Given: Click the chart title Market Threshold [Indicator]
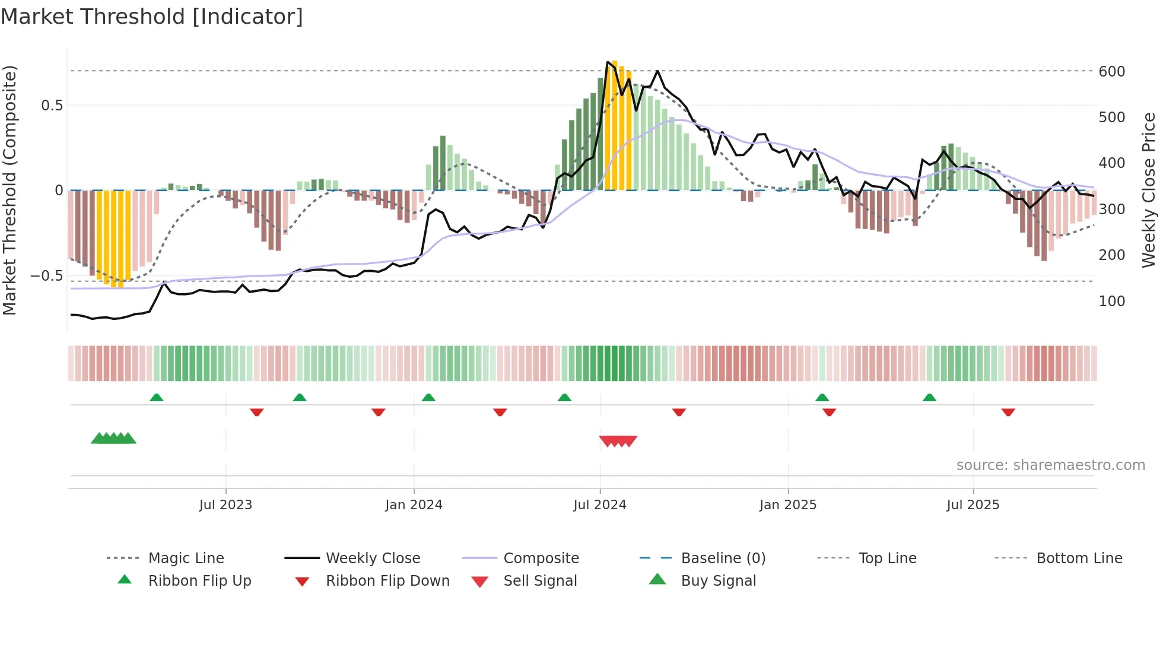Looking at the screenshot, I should coord(152,17).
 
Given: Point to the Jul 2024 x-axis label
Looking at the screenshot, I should coord(599,505).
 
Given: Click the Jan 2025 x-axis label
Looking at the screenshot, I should coord(787,505).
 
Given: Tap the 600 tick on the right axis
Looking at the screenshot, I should coord(1111,72).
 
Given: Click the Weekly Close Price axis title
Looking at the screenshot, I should coord(1149,190).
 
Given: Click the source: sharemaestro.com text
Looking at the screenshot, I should coord(1050,465).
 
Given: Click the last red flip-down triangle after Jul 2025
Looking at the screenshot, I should coord(1008,412).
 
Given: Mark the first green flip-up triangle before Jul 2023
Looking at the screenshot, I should coord(156,398).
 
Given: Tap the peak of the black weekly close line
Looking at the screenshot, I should coord(608,62).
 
